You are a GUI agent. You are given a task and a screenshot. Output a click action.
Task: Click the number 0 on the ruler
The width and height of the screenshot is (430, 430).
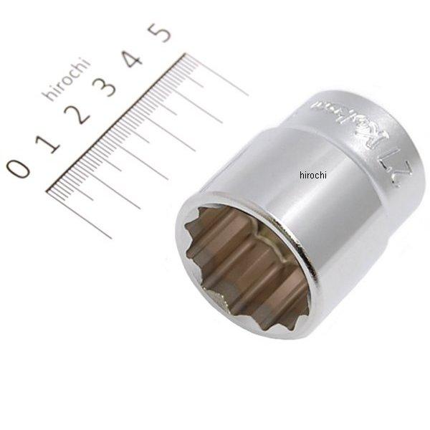[x=19, y=168]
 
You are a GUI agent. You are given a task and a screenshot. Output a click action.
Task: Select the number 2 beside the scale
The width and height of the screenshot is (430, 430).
[x=80, y=114]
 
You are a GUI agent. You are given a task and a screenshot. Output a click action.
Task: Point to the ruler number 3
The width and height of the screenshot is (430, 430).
[x=107, y=87]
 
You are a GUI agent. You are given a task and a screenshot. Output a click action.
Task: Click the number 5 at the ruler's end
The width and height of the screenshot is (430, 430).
[x=160, y=32]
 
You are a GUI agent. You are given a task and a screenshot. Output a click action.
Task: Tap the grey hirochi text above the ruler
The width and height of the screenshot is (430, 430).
[x=66, y=80]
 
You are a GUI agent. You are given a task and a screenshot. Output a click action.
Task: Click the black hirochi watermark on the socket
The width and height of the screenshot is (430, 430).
[x=312, y=175]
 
